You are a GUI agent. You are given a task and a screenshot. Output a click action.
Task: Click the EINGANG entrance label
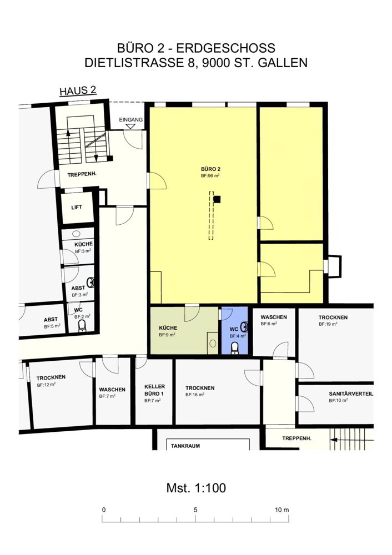(x=130, y=120)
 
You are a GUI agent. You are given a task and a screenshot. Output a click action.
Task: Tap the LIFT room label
(x=77, y=207)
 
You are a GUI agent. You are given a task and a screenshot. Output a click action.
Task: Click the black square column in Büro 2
(x=217, y=199)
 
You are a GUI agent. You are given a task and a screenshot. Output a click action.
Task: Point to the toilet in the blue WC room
(x=234, y=348)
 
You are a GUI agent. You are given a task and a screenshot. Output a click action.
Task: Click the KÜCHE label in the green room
(x=168, y=328)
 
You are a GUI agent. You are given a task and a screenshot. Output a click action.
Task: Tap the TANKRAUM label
(x=185, y=446)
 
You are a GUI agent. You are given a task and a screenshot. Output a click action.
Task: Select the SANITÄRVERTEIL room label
(x=351, y=393)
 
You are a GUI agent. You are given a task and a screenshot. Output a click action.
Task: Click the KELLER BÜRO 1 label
(x=154, y=390)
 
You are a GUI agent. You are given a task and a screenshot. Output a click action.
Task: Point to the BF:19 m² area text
(x=328, y=324)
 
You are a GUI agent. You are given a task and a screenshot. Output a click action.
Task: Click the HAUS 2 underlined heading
(x=78, y=90)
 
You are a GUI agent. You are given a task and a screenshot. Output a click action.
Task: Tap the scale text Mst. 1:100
(x=196, y=488)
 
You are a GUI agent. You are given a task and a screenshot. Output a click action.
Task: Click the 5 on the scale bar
(x=195, y=510)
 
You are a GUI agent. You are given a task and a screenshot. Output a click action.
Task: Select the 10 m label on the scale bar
(x=282, y=510)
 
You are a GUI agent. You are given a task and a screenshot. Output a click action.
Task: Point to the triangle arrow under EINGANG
(x=130, y=125)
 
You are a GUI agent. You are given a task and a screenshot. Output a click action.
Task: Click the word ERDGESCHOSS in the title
(x=225, y=48)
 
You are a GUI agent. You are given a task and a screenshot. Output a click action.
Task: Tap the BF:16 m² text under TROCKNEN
(x=195, y=395)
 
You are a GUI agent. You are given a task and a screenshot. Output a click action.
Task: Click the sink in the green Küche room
(x=213, y=343)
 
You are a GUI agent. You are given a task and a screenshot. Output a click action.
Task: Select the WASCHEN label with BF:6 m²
(x=274, y=317)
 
